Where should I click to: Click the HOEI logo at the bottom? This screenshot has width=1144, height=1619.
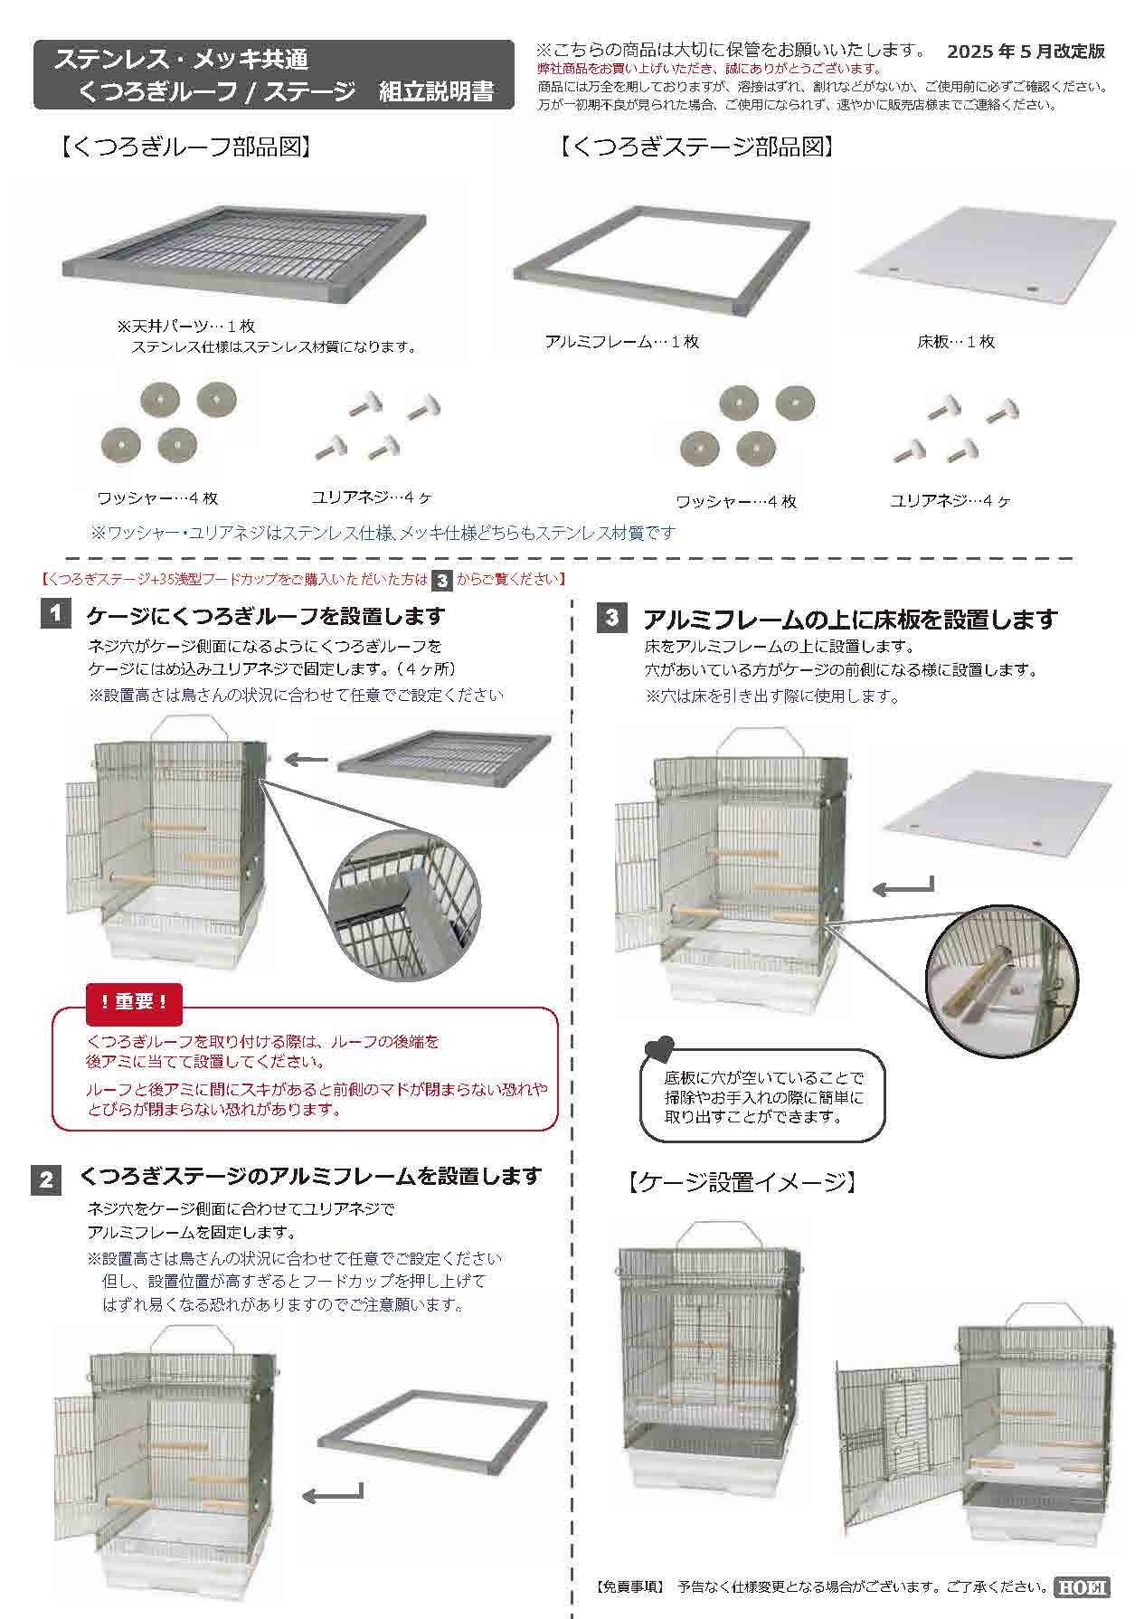coord(1082,1587)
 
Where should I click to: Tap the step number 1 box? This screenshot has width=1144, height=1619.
coord(55,615)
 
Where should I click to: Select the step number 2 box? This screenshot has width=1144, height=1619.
coord(46,1180)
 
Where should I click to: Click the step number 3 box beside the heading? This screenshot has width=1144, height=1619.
coord(612,619)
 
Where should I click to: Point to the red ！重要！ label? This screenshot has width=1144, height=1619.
coord(135,1001)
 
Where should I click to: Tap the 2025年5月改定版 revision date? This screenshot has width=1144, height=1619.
coord(1026,52)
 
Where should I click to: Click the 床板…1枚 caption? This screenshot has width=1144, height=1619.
coord(956,342)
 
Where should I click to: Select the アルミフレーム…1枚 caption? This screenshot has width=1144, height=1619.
coord(622,342)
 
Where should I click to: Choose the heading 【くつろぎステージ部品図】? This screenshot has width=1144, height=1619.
coord(695,147)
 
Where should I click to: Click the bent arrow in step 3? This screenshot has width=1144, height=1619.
coord(902,887)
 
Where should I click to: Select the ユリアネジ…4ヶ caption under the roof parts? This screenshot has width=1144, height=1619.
coord(372,497)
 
